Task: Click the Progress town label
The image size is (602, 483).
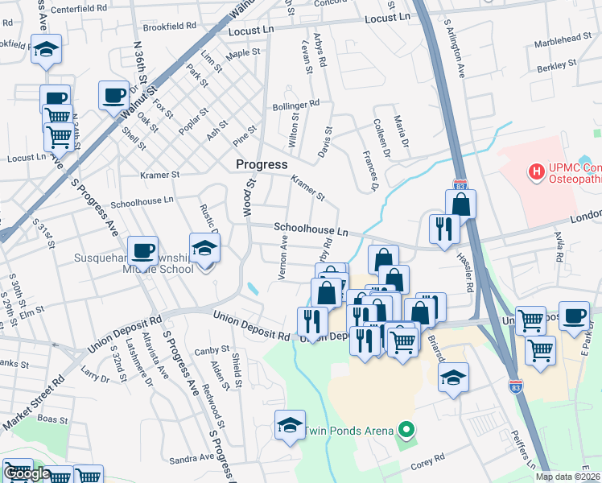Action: pos(261,164)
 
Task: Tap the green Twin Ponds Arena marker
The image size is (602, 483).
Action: pos(406,431)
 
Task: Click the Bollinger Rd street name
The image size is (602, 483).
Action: pos(296,105)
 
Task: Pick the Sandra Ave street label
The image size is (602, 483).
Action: pos(192,457)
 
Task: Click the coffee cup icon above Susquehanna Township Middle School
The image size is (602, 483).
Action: pos(142,250)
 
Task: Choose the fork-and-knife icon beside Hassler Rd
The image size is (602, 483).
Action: pos(443,229)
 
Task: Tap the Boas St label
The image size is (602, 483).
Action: pos(52,419)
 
